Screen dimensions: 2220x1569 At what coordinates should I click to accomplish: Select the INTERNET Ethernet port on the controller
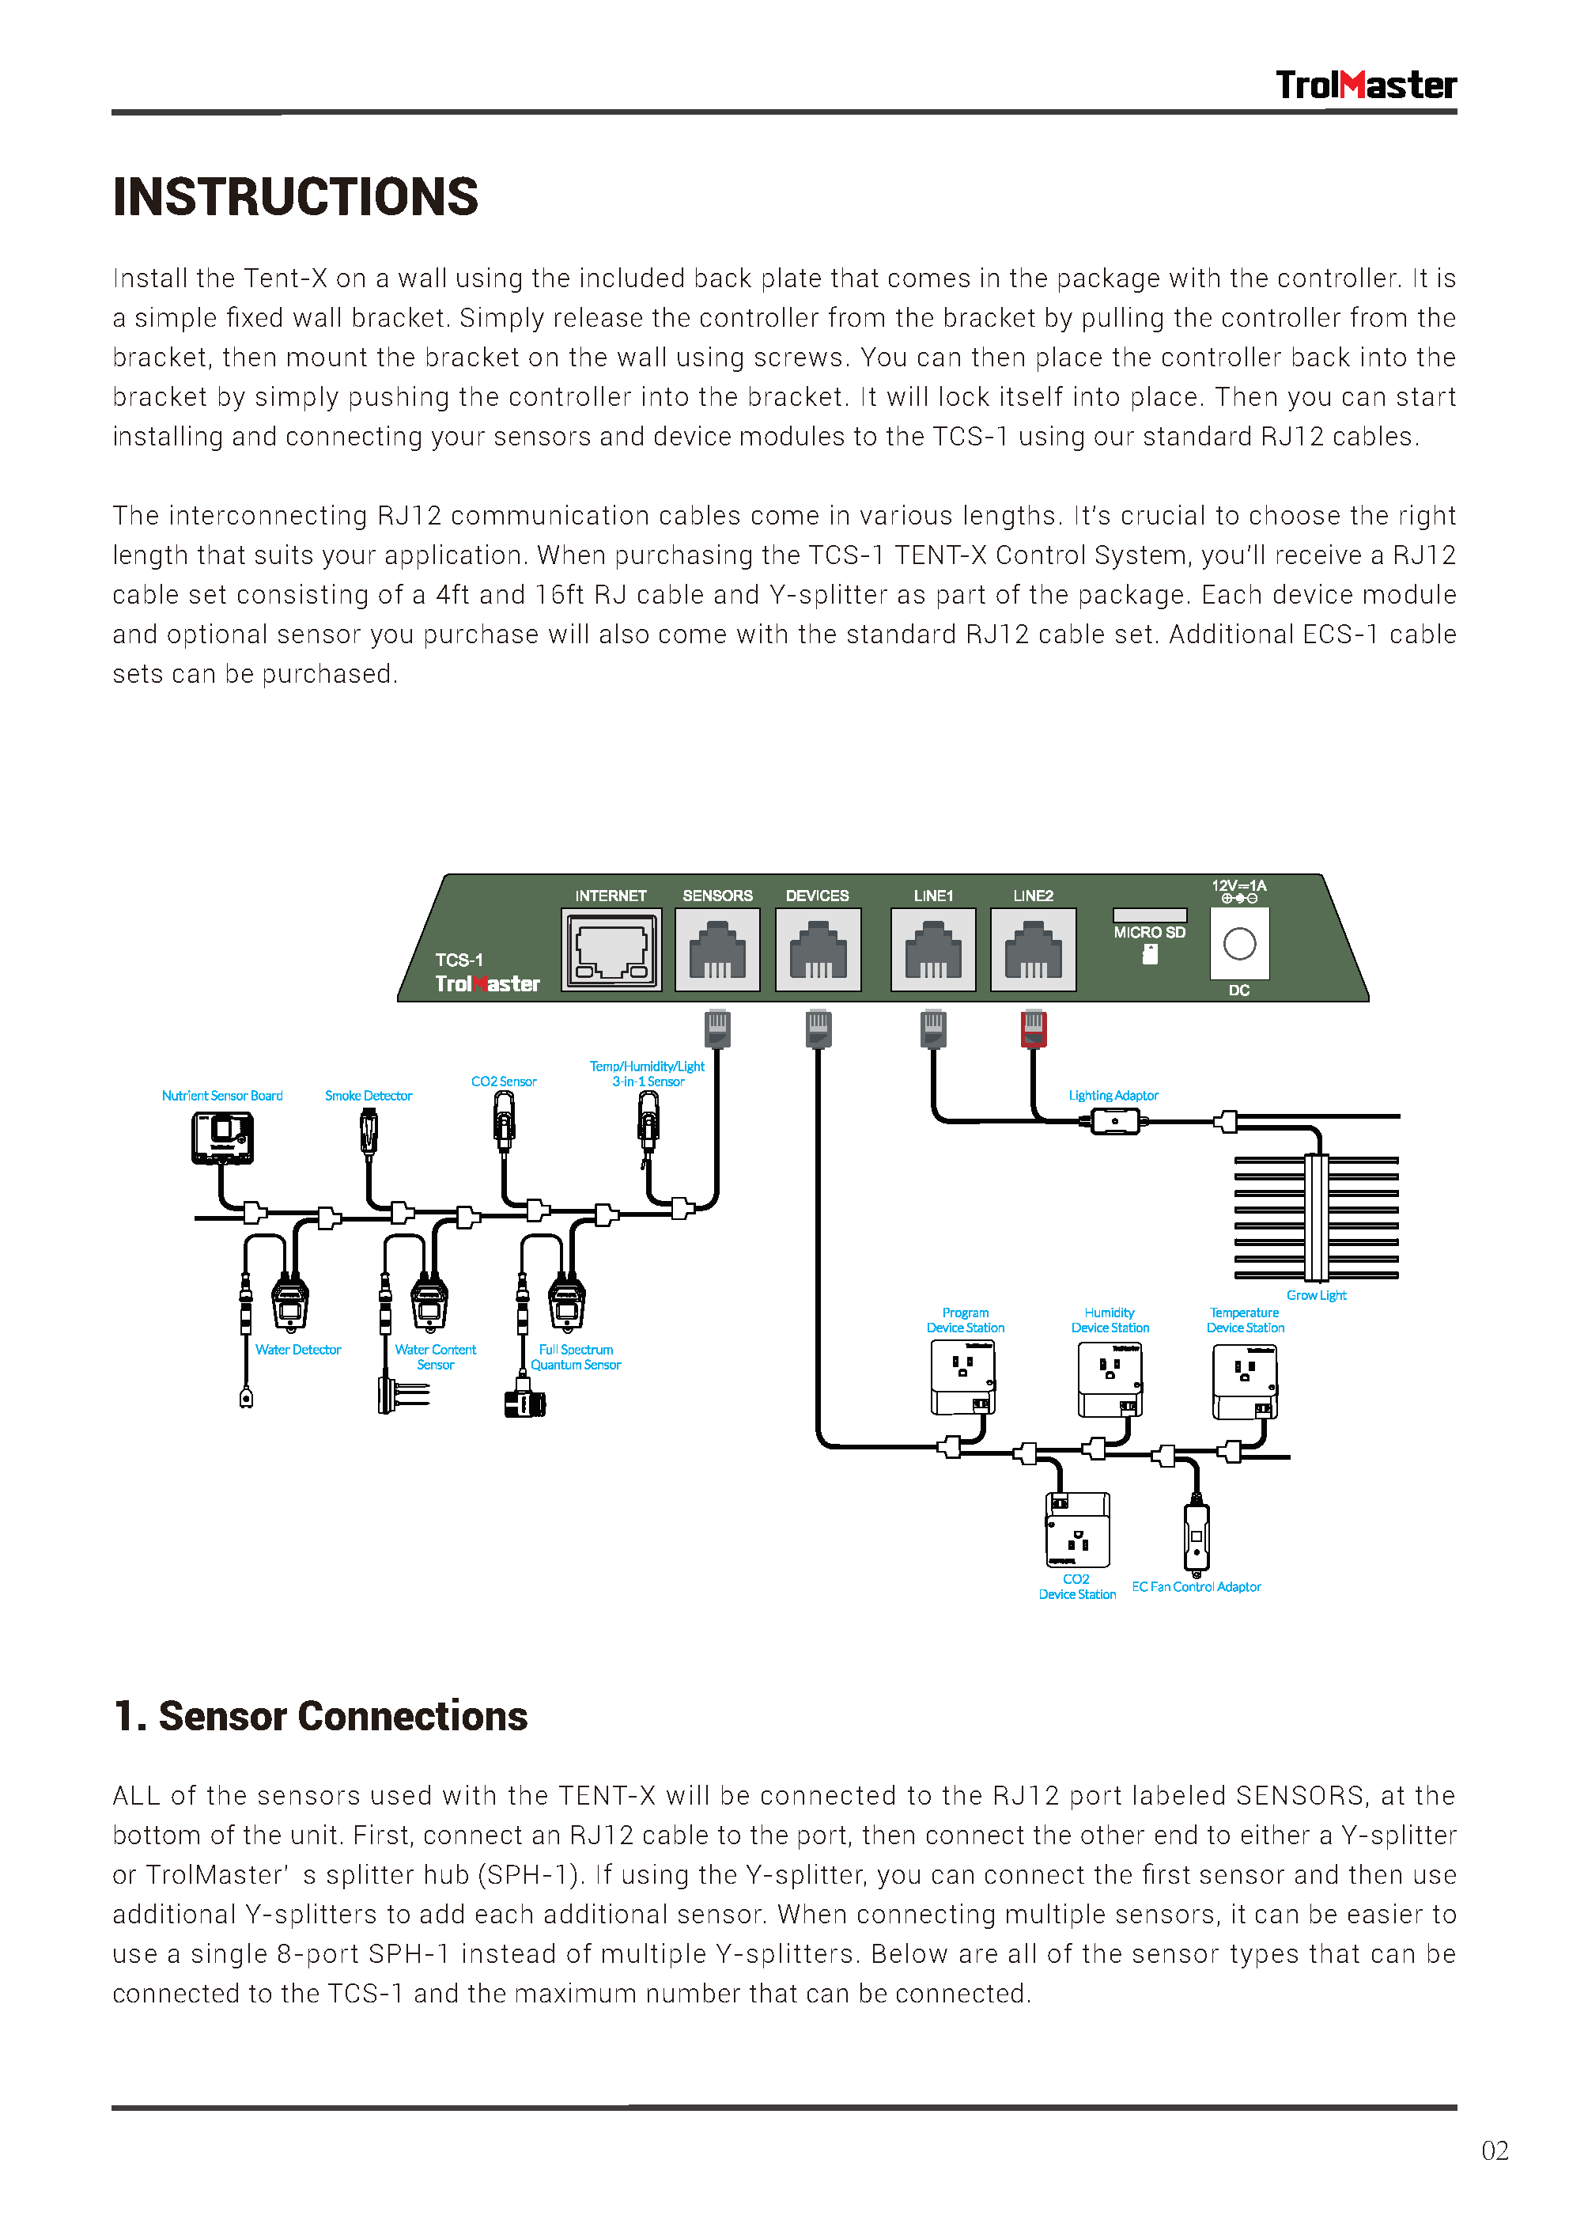(x=611, y=949)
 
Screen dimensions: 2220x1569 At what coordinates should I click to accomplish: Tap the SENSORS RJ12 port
(x=716, y=949)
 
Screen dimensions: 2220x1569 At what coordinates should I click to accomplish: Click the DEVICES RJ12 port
(x=817, y=949)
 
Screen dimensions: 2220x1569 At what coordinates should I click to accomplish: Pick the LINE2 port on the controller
(x=1033, y=949)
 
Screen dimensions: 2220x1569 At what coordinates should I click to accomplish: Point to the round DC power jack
(x=1238, y=944)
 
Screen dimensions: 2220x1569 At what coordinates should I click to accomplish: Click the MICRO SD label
(x=1148, y=932)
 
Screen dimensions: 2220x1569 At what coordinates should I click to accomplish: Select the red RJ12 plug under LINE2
(x=1033, y=1029)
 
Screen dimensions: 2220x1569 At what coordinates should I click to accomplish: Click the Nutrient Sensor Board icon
(x=222, y=1138)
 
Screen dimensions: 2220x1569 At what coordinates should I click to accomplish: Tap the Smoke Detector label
(x=369, y=1096)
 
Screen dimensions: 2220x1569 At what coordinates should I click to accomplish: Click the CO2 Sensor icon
(x=504, y=1122)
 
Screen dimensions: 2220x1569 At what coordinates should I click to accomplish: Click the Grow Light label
(x=1316, y=1294)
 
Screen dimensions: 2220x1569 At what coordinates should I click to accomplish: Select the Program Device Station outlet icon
(x=963, y=1378)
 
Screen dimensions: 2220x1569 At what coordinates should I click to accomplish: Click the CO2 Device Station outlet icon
(x=1077, y=1529)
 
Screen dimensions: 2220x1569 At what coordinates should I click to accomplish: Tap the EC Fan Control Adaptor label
(x=1196, y=1587)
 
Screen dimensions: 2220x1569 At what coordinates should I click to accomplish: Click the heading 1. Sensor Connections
(x=320, y=1716)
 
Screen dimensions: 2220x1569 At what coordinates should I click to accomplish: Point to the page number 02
(x=1494, y=2150)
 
